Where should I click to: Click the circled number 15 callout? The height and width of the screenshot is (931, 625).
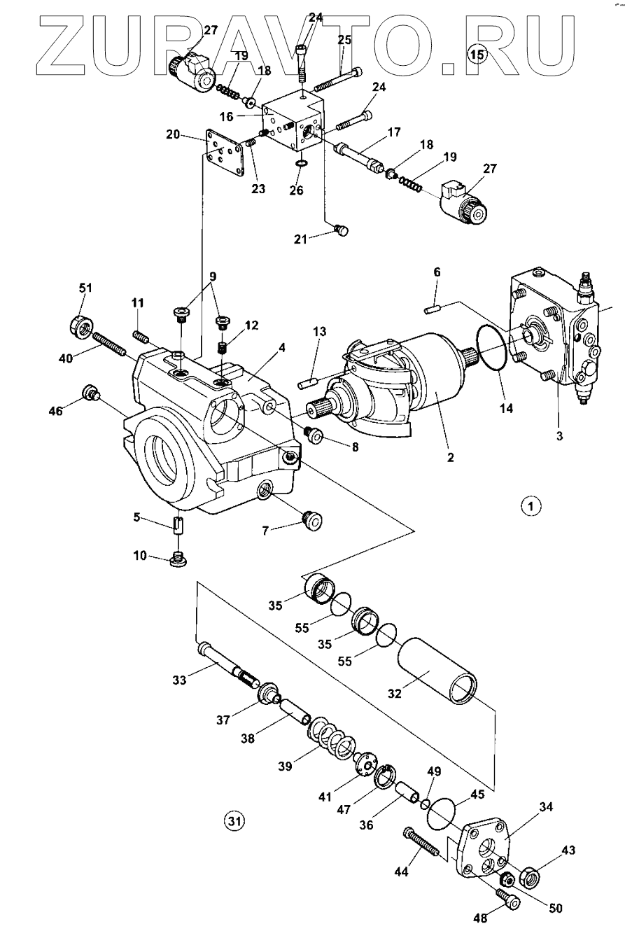click(x=477, y=54)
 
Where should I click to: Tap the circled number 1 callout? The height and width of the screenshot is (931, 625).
click(x=531, y=506)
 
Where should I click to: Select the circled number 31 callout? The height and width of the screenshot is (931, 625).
click(x=234, y=821)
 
